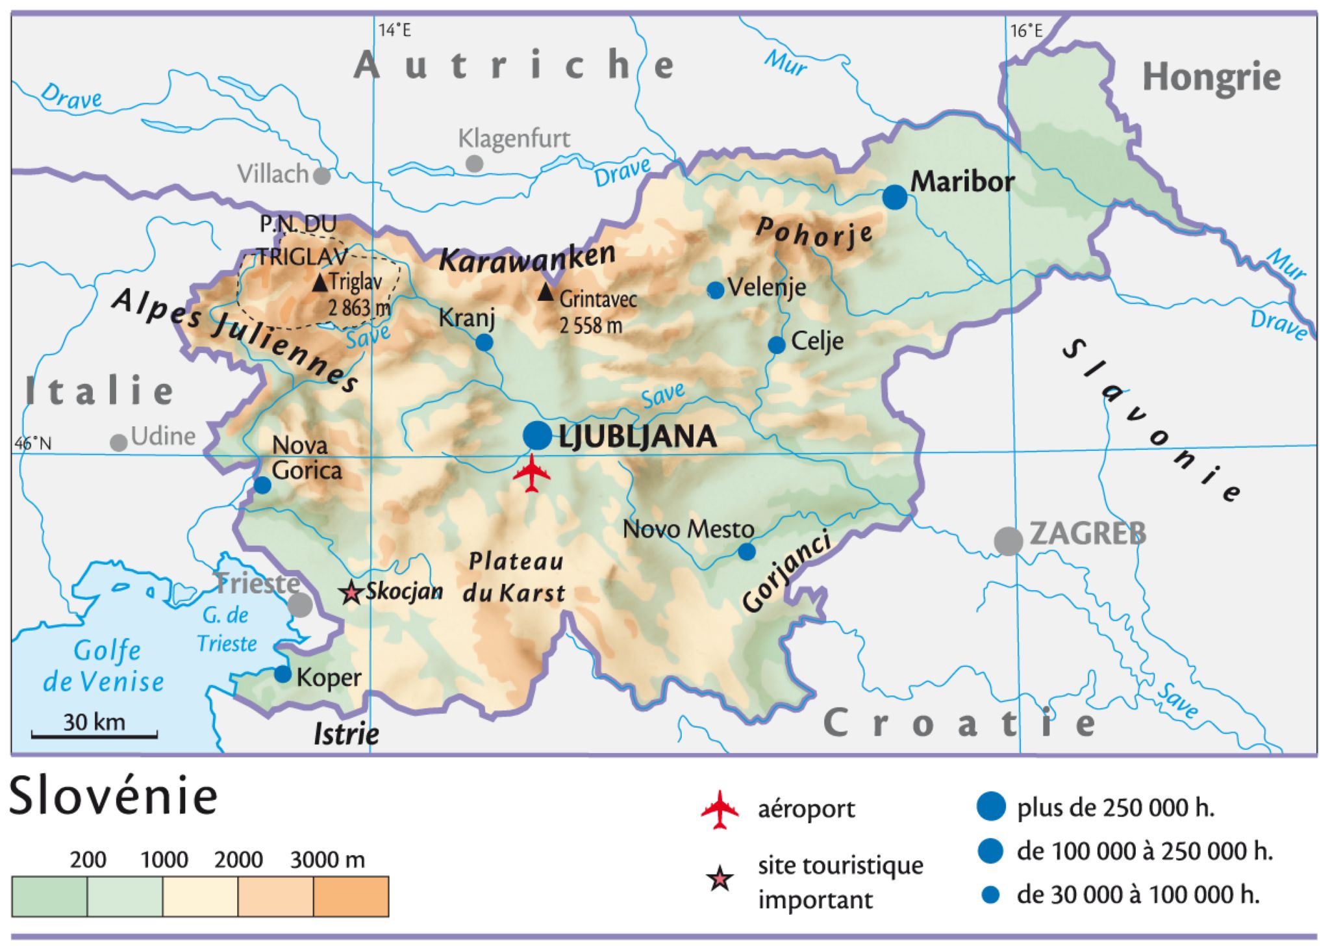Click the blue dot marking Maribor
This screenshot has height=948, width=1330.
pos(895,196)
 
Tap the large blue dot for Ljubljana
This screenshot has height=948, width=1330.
pos(537,435)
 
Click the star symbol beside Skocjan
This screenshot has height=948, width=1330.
pos(351,593)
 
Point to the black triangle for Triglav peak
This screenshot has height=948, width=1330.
pos(320,283)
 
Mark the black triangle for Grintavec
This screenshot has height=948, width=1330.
pos(546,294)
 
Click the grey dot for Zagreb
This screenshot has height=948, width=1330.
pos(1009,541)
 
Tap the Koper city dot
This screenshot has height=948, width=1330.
pos(282,674)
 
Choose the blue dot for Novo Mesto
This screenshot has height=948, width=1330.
pos(747,552)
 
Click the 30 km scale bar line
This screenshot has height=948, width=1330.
pos(94,736)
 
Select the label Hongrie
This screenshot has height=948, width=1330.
pos(1211,78)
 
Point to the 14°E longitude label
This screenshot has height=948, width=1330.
pos(395,31)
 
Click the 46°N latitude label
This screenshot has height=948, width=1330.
pos(32,444)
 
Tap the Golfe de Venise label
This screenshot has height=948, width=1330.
pos(104,666)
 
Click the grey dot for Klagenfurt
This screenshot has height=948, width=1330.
pos(475,163)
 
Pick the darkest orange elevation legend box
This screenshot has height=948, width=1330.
pos(351,896)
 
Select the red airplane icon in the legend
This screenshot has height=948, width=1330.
pos(720,810)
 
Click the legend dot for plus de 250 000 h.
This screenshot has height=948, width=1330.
pos(991,806)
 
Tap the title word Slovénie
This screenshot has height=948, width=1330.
pos(114,797)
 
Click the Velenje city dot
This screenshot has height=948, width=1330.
pos(716,290)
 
